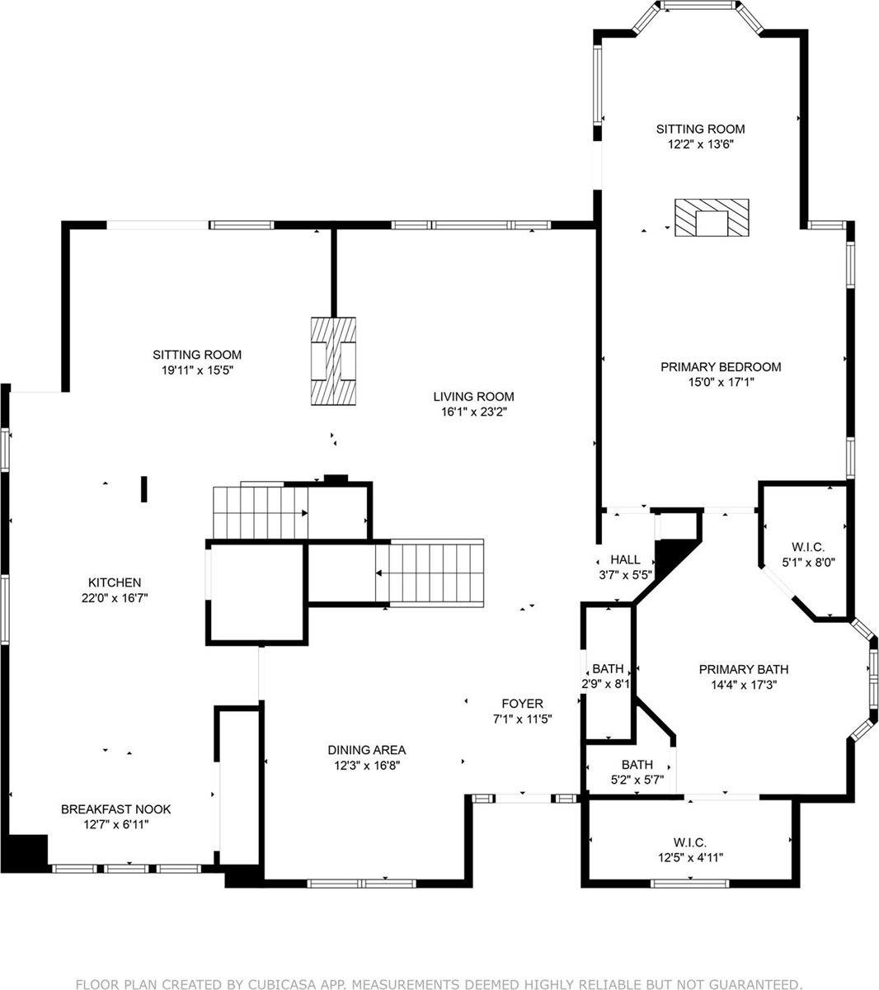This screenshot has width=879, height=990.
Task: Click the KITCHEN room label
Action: (115, 582)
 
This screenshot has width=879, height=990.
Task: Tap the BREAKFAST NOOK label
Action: (116, 809)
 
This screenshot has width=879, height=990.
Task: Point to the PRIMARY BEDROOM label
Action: (720, 366)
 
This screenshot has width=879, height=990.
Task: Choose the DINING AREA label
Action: (366, 750)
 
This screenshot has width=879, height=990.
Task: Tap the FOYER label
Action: (522, 703)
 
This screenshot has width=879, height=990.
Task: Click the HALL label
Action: (625, 559)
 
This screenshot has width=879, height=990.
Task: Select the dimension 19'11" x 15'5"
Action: (197, 370)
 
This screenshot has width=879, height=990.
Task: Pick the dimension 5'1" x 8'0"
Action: (807, 562)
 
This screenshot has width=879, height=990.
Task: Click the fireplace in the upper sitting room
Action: (711, 218)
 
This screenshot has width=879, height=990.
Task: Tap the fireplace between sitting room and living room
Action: (333, 361)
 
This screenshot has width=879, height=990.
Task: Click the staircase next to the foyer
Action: (435, 573)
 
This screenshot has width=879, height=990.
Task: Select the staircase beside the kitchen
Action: (259, 512)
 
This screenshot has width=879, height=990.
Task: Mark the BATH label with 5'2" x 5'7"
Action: (637, 765)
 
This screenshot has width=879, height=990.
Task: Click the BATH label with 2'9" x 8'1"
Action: (608, 668)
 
